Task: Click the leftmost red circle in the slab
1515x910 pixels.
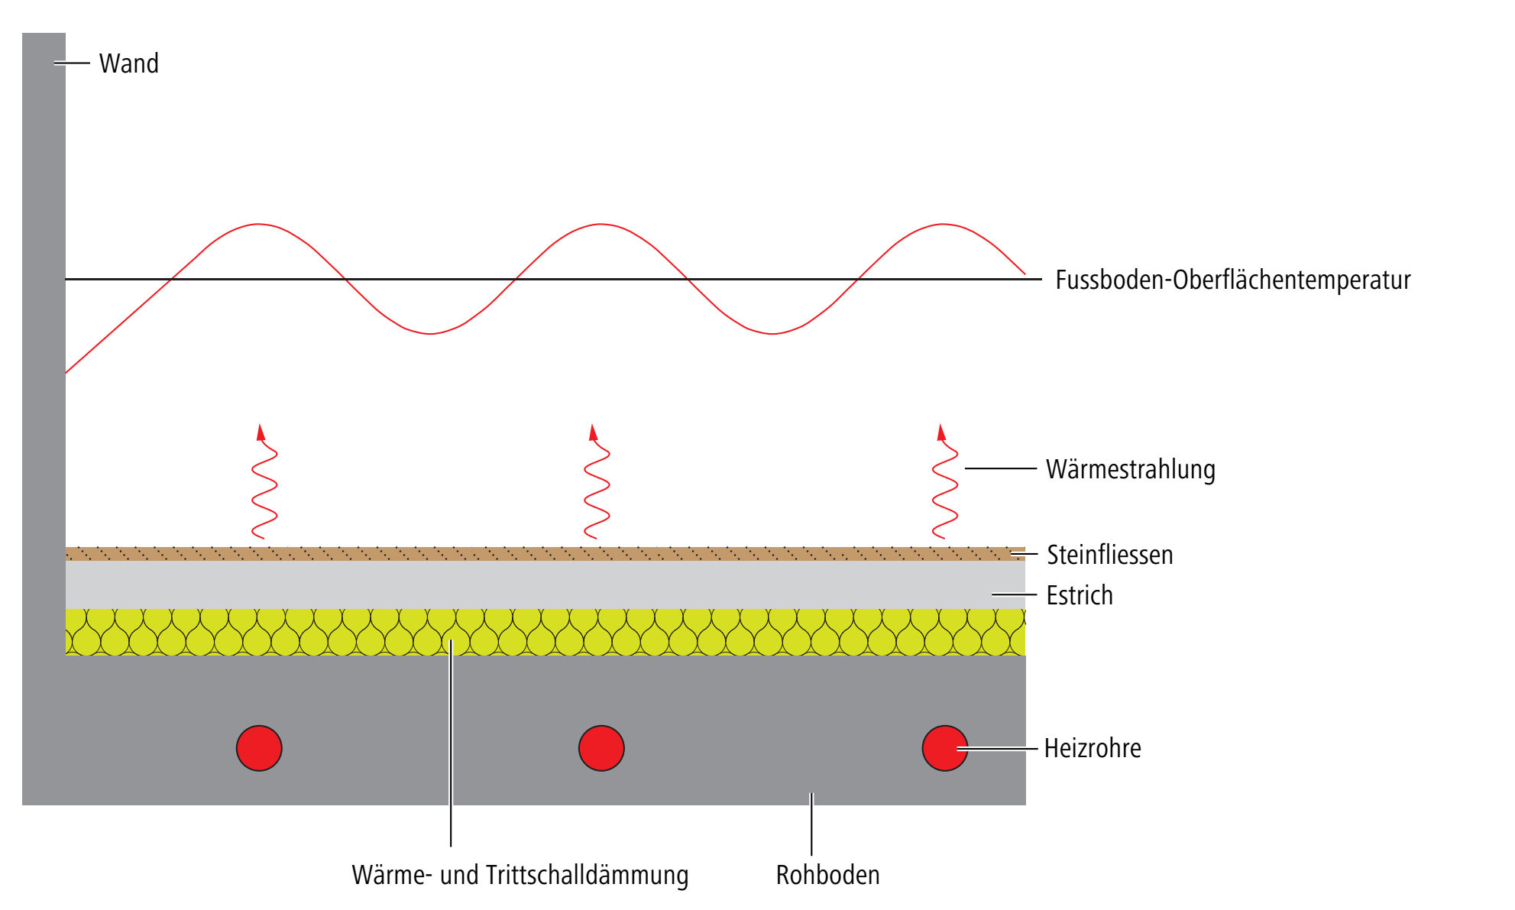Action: coord(259,748)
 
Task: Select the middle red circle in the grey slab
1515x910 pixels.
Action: coord(601,748)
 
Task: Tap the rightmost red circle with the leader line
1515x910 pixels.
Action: coord(944,748)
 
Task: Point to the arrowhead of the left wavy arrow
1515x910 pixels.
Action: coord(261,432)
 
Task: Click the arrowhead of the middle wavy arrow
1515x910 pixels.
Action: coord(593,432)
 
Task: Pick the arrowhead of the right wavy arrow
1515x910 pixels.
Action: coord(941,432)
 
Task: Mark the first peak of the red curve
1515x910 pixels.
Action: coord(258,224)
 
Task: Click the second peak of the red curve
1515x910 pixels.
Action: coord(600,224)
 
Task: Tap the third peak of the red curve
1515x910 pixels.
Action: coord(942,224)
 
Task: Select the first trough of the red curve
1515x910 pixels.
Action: coord(429,334)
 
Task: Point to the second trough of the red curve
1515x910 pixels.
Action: coord(772,334)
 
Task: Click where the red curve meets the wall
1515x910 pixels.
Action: coord(66,372)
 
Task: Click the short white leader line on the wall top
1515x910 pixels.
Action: coord(73,63)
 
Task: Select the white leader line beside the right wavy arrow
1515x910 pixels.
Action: coord(1000,468)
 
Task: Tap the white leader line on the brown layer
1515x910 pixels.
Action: coord(1024,554)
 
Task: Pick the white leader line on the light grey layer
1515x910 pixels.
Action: coord(1014,594)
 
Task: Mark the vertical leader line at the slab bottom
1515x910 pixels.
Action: coord(811,824)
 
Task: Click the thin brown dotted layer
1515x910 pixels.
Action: coord(535,554)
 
